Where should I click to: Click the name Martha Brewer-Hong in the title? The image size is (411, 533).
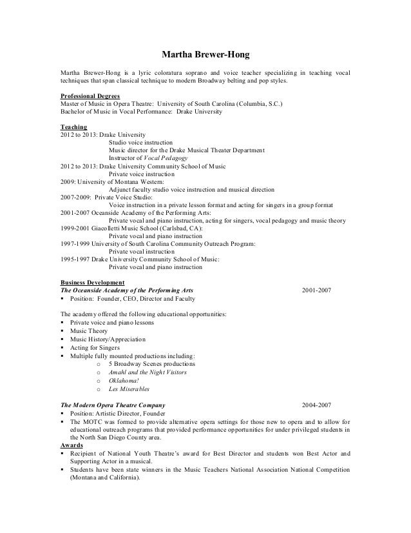pyautogui.click(x=205, y=55)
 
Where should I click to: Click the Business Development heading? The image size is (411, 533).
pyautogui.click(x=93, y=282)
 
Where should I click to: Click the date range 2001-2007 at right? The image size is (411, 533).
pyautogui.click(x=316, y=290)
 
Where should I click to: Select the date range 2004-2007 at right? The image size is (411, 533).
pyautogui.click(x=316, y=405)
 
